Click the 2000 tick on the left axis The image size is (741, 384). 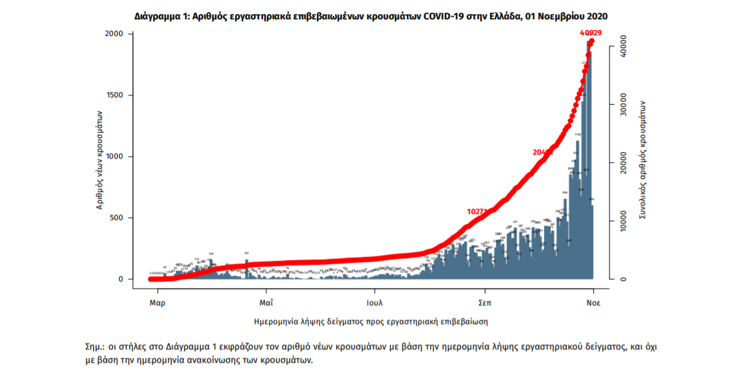click(115, 34)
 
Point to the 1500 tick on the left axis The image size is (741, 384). click(115, 95)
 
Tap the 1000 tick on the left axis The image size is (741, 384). click(115, 157)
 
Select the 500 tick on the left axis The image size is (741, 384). click(117, 218)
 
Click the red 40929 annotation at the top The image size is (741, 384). click(591, 33)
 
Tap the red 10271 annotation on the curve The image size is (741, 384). click(478, 211)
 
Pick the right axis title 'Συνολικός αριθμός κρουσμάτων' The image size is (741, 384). click(643, 160)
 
